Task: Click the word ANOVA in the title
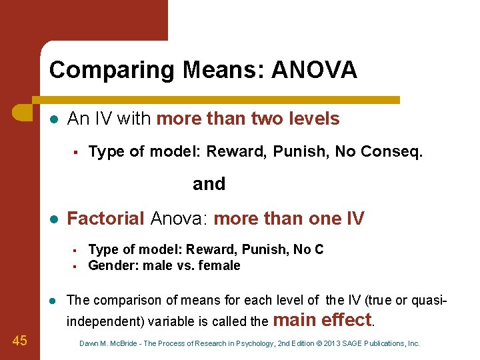click(x=314, y=69)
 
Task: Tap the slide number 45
click(x=20, y=341)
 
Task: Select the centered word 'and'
click(x=209, y=184)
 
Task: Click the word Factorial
click(x=106, y=219)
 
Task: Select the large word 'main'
click(x=294, y=320)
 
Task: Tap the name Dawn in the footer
click(x=88, y=344)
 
